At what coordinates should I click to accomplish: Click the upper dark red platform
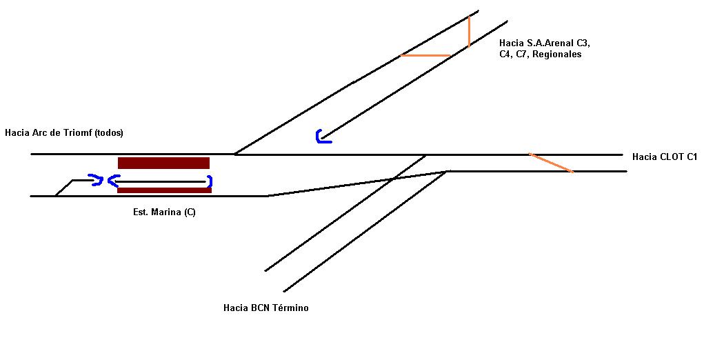[163, 163]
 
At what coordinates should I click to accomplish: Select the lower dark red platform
[164, 190]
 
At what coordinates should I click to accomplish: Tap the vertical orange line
[469, 32]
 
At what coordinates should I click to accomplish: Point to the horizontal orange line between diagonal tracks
[425, 55]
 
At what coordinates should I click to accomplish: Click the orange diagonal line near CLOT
[551, 163]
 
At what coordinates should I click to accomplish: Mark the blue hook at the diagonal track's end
[322, 137]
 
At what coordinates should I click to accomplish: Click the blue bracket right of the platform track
[209, 181]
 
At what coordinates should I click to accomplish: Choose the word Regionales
[557, 54]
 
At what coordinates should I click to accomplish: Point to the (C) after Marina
[190, 212]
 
